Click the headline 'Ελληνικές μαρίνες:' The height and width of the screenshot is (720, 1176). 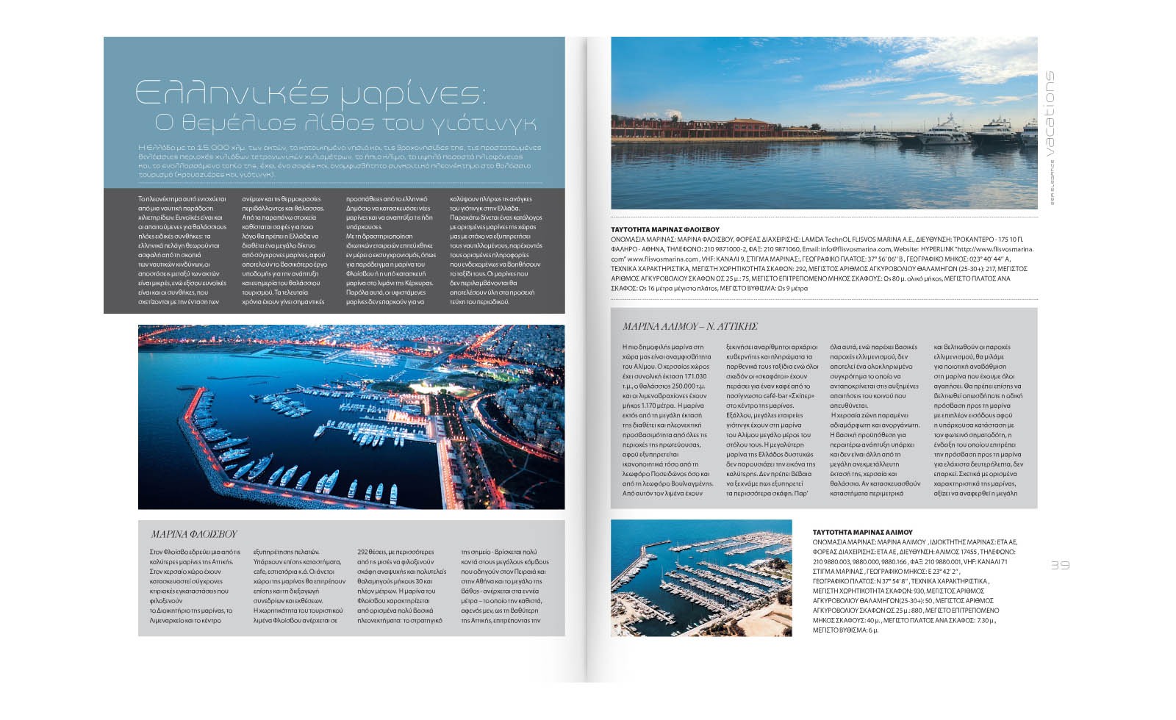point(309,93)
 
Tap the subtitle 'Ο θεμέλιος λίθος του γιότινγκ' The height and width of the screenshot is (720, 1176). point(345,123)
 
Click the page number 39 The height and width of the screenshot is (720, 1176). point(1059,565)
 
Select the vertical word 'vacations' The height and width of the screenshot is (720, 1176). point(1050,114)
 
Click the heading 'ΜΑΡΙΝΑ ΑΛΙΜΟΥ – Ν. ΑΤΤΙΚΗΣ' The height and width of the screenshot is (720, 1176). point(689,326)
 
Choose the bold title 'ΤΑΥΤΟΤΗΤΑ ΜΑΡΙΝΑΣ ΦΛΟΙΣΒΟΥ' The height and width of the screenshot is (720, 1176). point(665,230)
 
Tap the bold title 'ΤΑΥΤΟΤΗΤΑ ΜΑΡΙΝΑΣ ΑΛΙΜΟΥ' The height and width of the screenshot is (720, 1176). point(862,532)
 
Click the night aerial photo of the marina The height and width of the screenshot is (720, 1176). point(351,417)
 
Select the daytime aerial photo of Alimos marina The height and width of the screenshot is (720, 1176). point(701,577)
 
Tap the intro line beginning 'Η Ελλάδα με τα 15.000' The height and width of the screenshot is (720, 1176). point(339,148)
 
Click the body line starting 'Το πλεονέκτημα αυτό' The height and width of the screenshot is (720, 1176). point(182,199)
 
